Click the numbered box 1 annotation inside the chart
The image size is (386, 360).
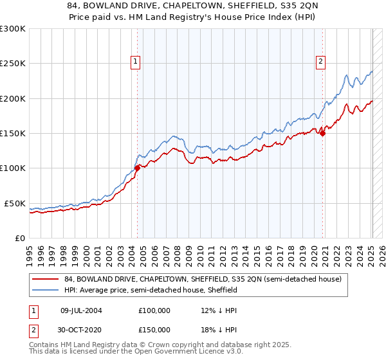pyautogui.click(x=136, y=62)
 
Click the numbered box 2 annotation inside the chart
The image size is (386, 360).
pyautogui.click(x=320, y=62)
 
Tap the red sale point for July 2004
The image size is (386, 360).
pyautogui.click(x=138, y=168)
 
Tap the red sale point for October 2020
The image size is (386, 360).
pyautogui.click(x=323, y=133)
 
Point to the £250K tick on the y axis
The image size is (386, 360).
pyautogui.click(x=13, y=64)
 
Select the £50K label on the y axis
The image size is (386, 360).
pyautogui.click(x=15, y=203)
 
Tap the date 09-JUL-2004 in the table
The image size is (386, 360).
pyautogui.click(x=81, y=310)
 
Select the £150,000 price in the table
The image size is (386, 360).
pyautogui.click(x=154, y=329)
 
